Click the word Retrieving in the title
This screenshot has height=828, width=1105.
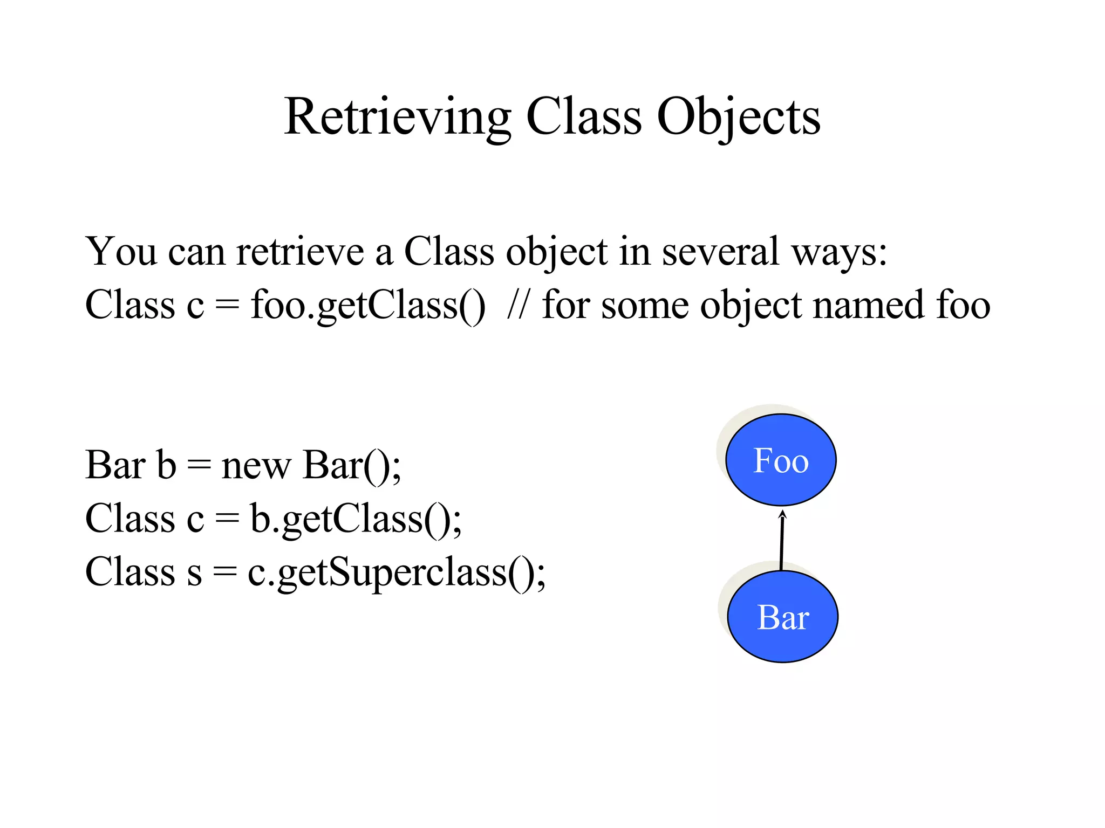click(x=397, y=118)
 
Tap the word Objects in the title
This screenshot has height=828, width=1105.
click(x=738, y=118)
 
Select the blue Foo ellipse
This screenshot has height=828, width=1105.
click(x=781, y=460)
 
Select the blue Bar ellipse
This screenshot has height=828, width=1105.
click(x=782, y=617)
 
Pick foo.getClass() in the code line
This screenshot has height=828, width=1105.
click(x=367, y=306)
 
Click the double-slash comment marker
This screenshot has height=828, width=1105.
click(x=518, y=306)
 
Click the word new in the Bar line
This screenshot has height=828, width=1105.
click(x=256, y=465)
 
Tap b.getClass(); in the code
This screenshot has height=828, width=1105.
click(x=356, y=519)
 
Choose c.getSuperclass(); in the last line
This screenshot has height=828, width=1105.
click(x=397, y=572)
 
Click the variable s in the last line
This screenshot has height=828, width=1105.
click(x=194, y=572)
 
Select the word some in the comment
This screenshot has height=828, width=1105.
click(x=645, y=306)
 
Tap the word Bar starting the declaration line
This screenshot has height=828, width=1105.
click(x=115, y=465)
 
